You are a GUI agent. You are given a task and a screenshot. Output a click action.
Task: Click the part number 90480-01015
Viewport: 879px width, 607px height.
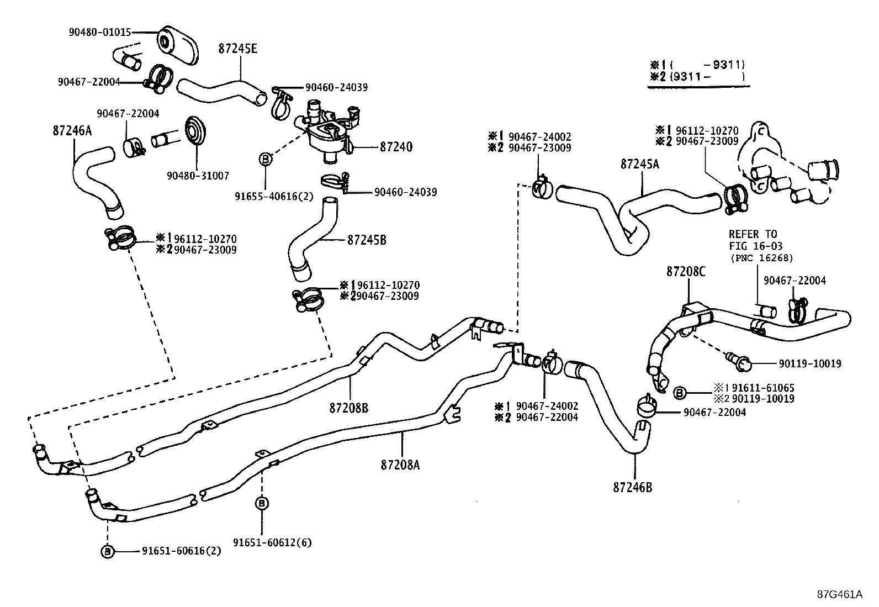coord(100,32)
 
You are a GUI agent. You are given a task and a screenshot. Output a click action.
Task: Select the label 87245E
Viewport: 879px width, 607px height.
coord(237,49)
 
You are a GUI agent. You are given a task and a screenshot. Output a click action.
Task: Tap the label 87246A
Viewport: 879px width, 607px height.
coord(72,131)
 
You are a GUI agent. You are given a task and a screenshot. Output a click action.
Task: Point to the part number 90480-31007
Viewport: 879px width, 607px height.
coord(198,176)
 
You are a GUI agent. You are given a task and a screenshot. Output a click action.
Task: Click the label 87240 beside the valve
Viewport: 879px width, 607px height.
coord(396,147)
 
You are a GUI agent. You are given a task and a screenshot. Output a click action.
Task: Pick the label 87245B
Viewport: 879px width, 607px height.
coord(367,240)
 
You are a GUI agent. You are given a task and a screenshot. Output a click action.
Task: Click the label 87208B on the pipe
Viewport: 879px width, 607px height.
coord(348,408)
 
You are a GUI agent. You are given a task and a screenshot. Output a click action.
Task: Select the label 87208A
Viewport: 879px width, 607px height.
coord(400,465)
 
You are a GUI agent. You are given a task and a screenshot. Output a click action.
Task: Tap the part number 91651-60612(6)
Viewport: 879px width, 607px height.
coord(272,542)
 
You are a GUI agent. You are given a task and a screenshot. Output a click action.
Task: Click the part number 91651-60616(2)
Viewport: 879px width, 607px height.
coord(182,551)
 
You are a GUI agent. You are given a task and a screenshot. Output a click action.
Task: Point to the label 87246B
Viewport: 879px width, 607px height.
coord(632,488)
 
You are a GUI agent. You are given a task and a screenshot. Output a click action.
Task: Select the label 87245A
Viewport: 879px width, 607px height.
coord(639,164)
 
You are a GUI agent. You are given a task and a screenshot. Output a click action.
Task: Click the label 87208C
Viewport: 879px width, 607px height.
coord(686,272)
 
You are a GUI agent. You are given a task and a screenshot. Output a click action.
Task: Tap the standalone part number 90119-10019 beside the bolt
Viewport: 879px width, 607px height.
coord(810,364)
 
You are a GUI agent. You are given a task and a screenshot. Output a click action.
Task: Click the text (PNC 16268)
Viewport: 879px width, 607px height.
coord(761,258)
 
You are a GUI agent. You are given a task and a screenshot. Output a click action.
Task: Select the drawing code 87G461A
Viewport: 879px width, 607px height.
coord(839,595)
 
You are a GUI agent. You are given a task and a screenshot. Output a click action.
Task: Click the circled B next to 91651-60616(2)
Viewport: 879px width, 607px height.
coord(108,551)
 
